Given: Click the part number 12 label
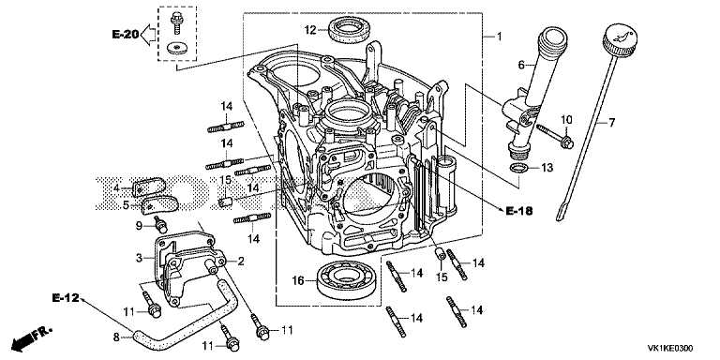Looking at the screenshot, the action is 310,30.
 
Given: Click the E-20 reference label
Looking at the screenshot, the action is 125,34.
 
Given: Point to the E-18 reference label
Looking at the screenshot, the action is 519,211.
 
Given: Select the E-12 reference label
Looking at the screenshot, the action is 66,298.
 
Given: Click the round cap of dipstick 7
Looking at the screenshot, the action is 621,37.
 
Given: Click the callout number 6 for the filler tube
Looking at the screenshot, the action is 520,66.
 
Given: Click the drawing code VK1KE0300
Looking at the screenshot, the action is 670,348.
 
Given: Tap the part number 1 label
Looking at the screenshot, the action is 500,36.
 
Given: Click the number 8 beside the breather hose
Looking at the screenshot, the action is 116,337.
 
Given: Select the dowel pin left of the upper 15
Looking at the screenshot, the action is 225,202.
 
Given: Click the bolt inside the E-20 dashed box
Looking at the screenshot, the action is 175,22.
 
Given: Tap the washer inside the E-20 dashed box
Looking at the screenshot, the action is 174,47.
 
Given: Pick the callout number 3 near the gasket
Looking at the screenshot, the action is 140,258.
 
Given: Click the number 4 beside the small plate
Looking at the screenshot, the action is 116,187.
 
